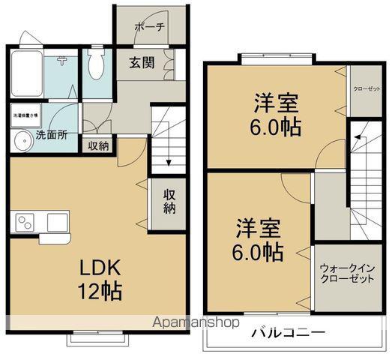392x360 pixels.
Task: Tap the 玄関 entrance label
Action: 141,63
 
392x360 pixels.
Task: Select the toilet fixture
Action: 95,69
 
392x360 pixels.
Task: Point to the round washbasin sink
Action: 19,142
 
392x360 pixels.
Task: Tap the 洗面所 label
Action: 52,136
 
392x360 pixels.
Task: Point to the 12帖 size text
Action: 97,290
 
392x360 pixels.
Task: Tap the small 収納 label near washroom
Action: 98,146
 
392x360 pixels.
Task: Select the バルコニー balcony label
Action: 289,332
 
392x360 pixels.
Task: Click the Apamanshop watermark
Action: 197,322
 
